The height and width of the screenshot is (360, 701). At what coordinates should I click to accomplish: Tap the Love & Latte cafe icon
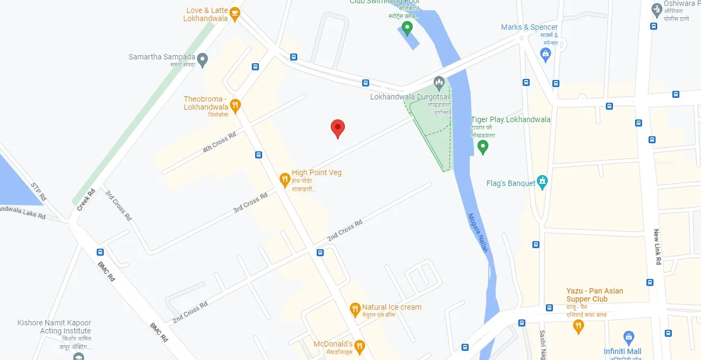pos(235,14)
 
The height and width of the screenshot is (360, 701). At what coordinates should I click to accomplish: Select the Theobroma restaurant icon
pos(235,104)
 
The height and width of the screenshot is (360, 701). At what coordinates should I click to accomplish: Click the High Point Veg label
pos(316,173)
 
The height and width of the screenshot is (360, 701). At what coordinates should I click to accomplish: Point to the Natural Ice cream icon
pos(355,309)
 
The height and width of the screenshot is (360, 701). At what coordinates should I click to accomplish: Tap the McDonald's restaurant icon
pos(359,345)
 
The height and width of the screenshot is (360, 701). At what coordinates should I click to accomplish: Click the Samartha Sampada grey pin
pos(203,59)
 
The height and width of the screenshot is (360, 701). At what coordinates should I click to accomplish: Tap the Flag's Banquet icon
pos(543,182)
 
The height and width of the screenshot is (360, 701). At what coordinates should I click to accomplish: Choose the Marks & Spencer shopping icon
pos(546,54)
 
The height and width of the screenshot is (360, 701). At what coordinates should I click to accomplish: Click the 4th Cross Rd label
pos(219,142)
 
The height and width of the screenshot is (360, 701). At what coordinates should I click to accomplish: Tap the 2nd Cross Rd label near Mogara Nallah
pos(344,231)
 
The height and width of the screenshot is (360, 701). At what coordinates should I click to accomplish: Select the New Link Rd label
pos(657,247)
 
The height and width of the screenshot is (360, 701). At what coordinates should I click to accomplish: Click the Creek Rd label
pos(85,198)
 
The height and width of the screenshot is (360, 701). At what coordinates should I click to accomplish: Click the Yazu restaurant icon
pos(578,326)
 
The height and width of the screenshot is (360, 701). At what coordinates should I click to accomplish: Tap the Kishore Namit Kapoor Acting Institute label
pos(54,327)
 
